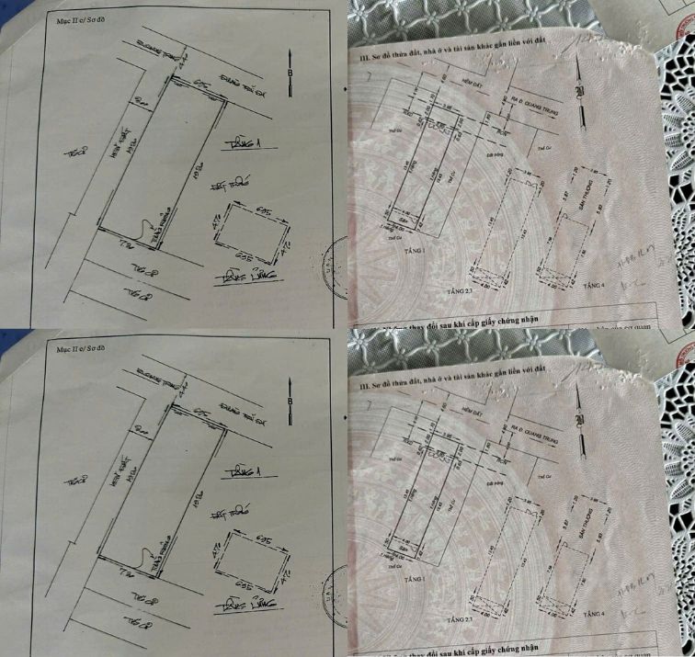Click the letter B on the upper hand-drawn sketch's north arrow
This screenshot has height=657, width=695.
290,70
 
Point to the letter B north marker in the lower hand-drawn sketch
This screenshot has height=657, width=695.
290,402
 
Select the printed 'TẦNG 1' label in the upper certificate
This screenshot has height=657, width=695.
405,248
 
